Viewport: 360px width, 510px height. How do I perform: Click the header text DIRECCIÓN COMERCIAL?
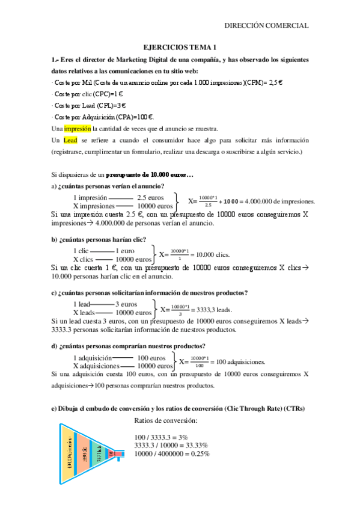[266, 25]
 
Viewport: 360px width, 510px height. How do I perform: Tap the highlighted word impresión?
[77, 128]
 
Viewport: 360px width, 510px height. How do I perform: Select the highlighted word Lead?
[70, 140]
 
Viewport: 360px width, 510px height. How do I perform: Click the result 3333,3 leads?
[216, 309]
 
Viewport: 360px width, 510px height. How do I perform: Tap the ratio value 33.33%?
[195, 444]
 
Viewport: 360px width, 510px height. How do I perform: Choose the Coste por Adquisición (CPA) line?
[103, 117]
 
